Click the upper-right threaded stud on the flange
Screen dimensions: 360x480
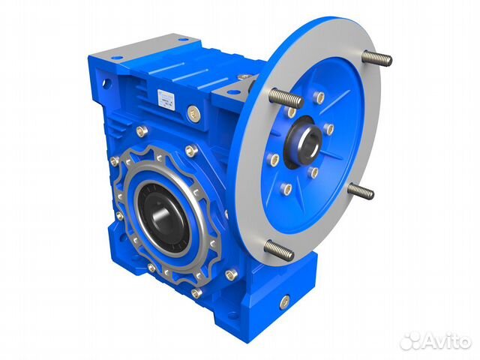(x=377, y=58)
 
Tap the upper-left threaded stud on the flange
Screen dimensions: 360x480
(x=285, y=97)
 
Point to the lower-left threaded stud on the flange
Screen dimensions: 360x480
(x=278, y=250)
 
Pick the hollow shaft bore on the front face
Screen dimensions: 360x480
(x=163, y=215)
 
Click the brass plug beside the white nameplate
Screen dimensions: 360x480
(x=193, y=113)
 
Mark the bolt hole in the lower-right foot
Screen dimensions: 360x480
(x=284, y=301)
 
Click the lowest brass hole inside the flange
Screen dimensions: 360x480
(x=286, y=190)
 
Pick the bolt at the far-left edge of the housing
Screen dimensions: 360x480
(x=114, y=160)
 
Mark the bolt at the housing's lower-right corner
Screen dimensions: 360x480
(x=232, y=274)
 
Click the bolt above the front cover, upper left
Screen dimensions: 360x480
(x=141, y=131)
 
